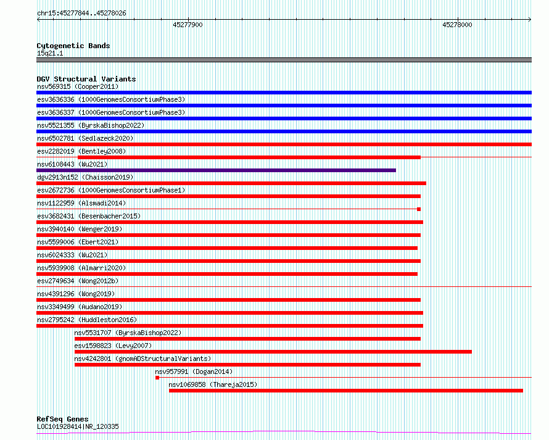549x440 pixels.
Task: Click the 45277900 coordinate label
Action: click(188, 25)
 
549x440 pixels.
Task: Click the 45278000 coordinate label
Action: click(457, 25)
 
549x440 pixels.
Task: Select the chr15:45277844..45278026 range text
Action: click(81, 14)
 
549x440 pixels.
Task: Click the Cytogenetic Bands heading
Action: click(73, 46)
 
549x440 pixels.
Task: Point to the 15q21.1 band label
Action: click(50, 53)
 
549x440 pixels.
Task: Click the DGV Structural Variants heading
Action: click(86, 79)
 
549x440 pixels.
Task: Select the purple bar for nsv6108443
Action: click(216, 170)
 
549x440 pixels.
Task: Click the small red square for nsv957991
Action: click(157, 378)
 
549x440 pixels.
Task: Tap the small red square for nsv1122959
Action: click(419, 209)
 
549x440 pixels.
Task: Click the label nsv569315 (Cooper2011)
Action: click(78, 86)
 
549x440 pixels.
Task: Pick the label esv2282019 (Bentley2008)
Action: click(81, 151)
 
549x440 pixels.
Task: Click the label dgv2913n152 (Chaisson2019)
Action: click(85, 177)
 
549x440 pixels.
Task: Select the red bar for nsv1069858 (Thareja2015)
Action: click(346, 391)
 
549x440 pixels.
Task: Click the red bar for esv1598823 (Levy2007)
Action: click(273, 352)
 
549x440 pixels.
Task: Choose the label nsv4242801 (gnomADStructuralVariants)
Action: click(142, 359)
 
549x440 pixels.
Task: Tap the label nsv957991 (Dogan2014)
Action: click(194, 372)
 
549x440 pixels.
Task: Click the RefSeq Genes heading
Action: click(62, 419)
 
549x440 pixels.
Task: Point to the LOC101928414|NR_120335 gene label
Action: click(78, 426)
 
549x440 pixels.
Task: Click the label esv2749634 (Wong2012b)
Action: click(78, 281)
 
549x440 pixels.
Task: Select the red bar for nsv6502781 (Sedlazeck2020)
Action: click(284, 144)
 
